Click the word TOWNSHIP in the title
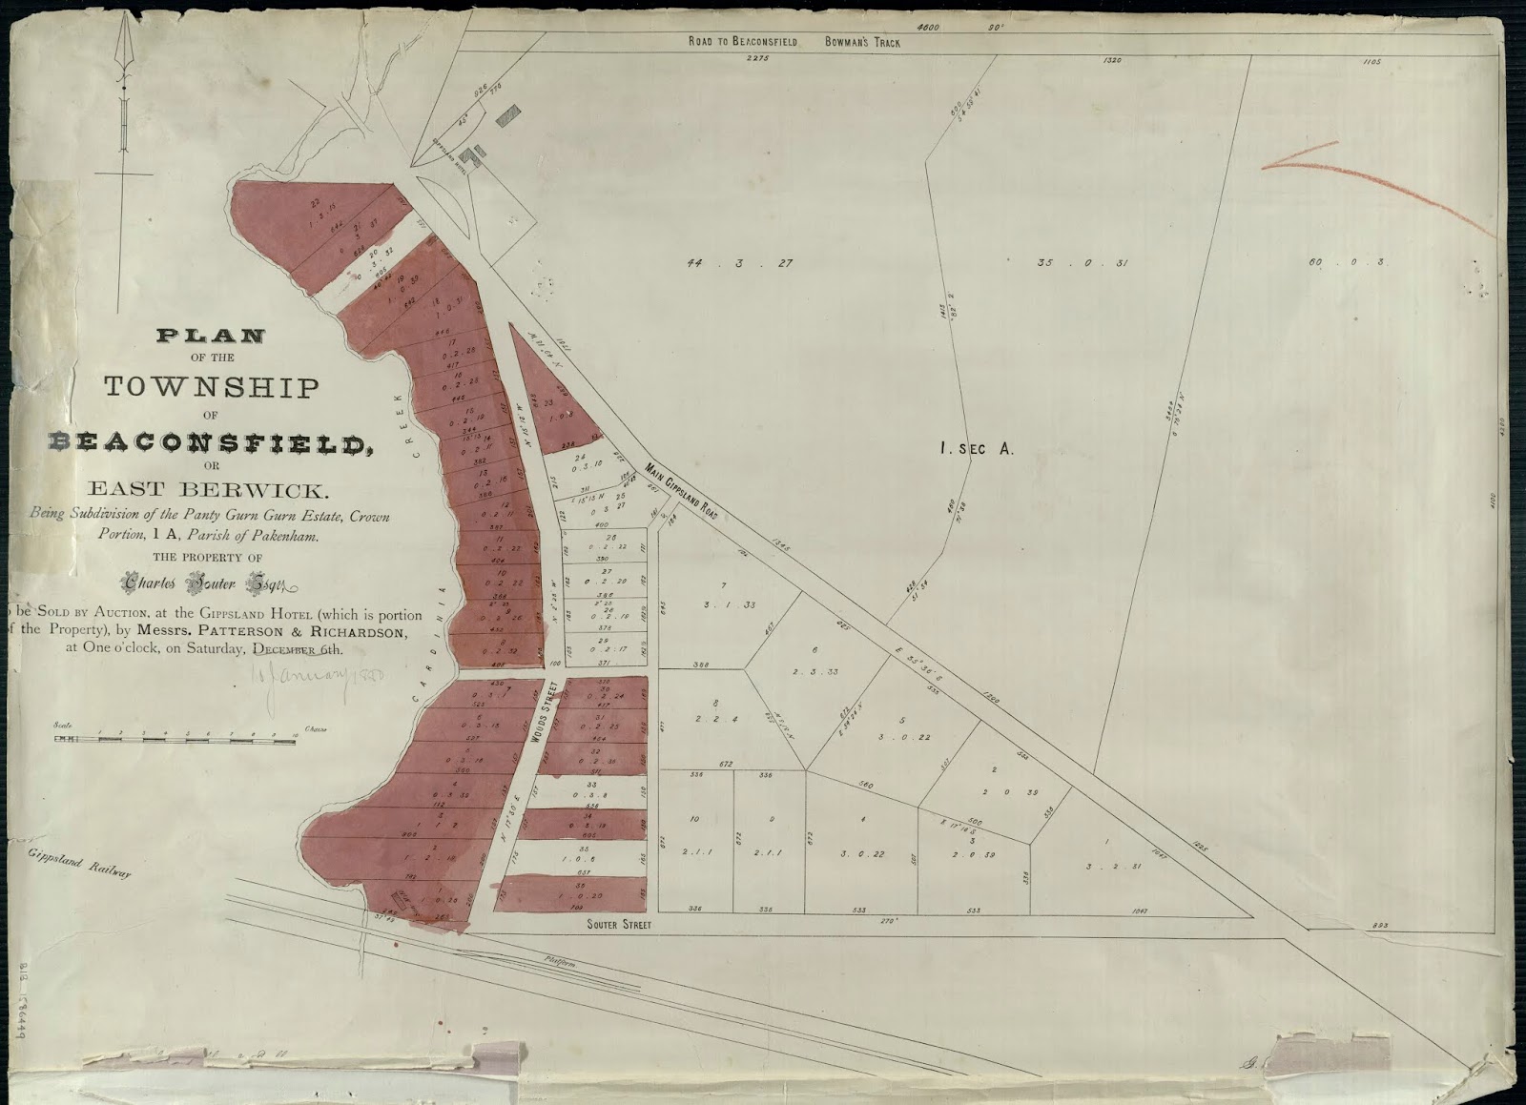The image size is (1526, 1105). pyautogui.click(x=211, y=388)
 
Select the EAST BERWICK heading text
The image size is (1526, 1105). pyautogui.click(x=208, y=491)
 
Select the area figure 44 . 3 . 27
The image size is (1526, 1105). pyautogui.click(x=739, y=263)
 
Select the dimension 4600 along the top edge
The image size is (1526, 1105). pyautogui.click(x=927, y=28)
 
